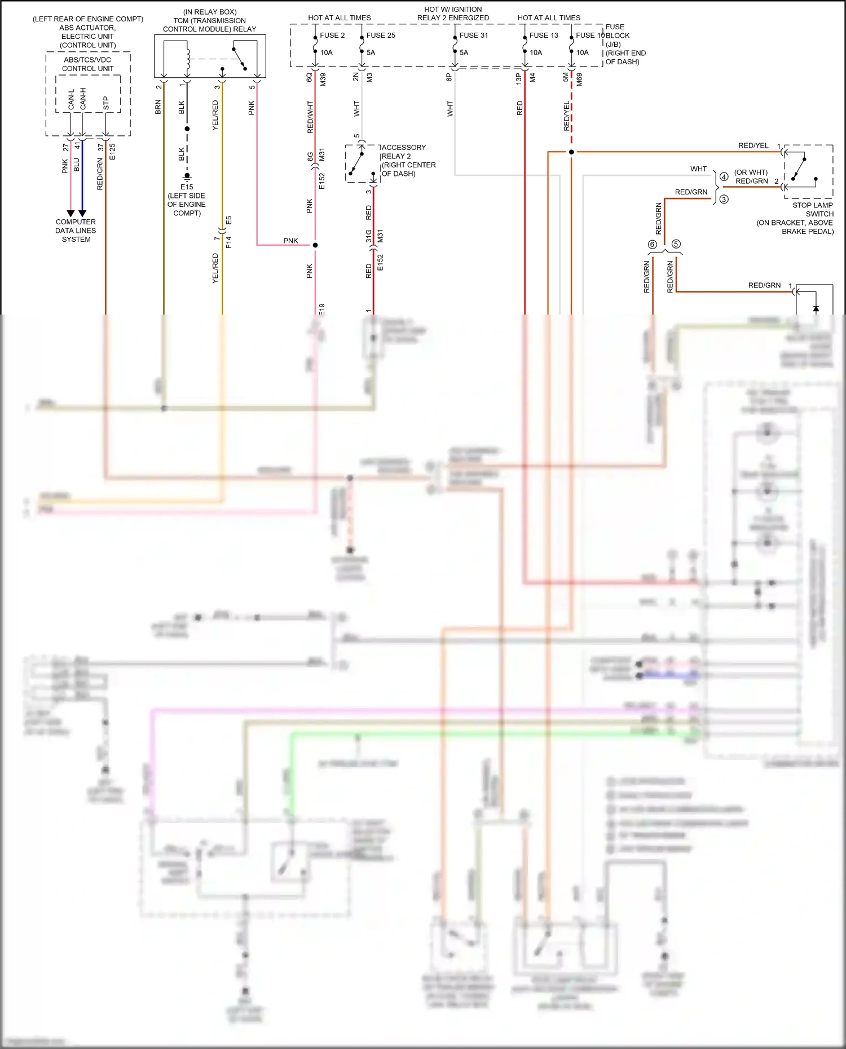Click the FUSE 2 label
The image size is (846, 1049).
pos(332,35)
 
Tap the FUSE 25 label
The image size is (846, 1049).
pos(381,35)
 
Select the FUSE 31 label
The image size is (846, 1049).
pos(473,35)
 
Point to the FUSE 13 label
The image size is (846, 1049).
pos(543,35)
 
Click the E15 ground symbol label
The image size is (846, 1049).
pos(187,187)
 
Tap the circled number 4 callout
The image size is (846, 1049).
pos(724,176)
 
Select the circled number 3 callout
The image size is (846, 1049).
pos(724,199)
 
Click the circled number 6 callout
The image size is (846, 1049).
pos(653,244)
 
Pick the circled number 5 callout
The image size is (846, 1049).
pos(676,244)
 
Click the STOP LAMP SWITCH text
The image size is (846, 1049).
pos(812,209)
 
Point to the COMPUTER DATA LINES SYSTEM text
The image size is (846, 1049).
pos(76,231)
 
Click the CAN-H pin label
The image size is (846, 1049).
pos(83,99)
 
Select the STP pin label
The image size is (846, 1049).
pos(106,103)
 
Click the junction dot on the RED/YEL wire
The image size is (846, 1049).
pos(571,152)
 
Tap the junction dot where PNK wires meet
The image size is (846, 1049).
pos(315,245)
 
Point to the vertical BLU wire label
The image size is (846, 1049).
pos(77,165)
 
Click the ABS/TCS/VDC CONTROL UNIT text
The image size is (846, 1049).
pos(87,64)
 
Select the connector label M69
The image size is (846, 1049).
pos(579,79)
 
